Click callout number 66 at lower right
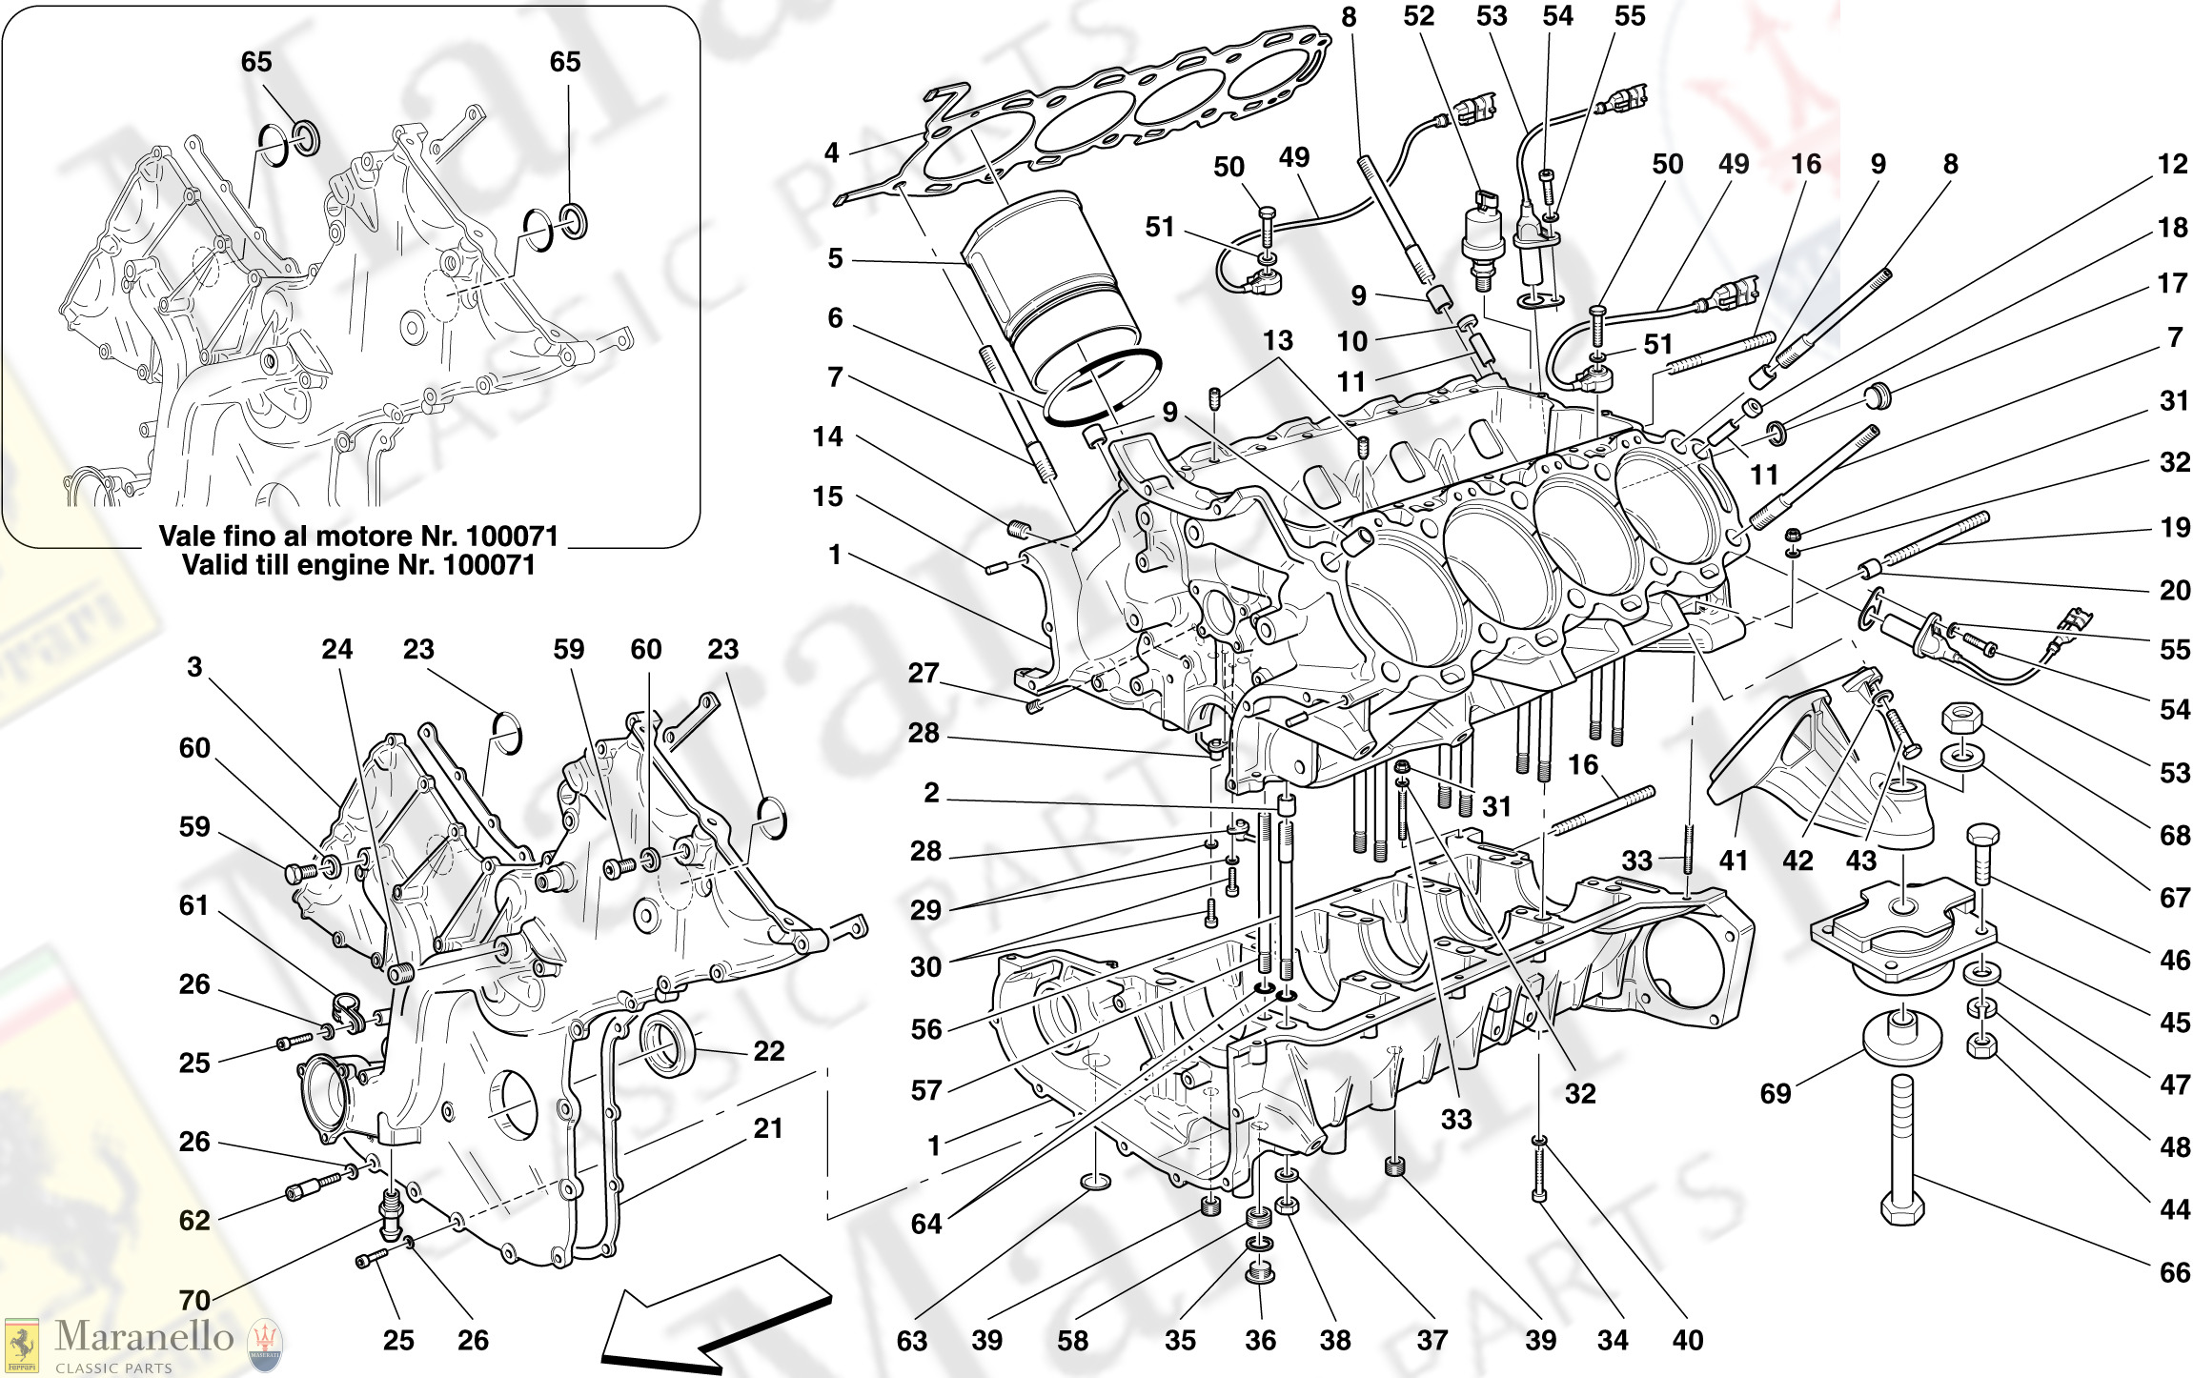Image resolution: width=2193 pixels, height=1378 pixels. pos(2174,1272)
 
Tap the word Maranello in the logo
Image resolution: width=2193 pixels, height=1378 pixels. pos(144,1336)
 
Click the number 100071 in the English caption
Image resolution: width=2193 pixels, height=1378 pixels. pos(489,565)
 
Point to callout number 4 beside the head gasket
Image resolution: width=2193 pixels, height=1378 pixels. pos(832,152)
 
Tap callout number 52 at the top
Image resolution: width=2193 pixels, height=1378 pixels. pos(1418,16)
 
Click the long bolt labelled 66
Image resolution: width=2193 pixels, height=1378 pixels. pos(1902,1144)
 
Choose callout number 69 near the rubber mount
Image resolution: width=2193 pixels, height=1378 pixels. pos(1775,1093)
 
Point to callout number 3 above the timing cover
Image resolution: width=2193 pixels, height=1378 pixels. pos(194,667)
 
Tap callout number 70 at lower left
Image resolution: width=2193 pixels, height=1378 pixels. pos(194,1300)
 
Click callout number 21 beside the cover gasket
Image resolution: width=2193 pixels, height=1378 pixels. pos(767,1128)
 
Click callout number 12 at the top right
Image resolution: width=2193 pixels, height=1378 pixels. pos(2172,164)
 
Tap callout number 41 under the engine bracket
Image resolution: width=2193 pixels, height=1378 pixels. pos(1733,861)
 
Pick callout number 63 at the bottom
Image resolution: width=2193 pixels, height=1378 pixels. pos(911,1341)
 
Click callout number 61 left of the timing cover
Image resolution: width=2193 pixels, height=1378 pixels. pos(194,904)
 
